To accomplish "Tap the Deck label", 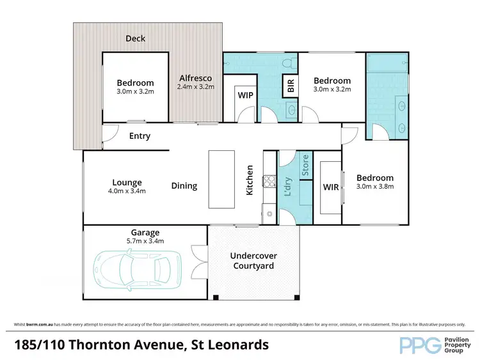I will (135, 38).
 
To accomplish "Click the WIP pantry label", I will (245, 95).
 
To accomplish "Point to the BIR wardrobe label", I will (291, 86).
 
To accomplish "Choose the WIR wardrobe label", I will (331, 187).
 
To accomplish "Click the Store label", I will (305, 165).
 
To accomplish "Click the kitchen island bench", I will (221, 179).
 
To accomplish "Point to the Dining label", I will (184, 186).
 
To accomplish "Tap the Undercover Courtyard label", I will (253, 261).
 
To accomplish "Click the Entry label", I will (140, 136).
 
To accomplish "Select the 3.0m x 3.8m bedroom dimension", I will (375, 187).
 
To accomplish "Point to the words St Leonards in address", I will (228, 346).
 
